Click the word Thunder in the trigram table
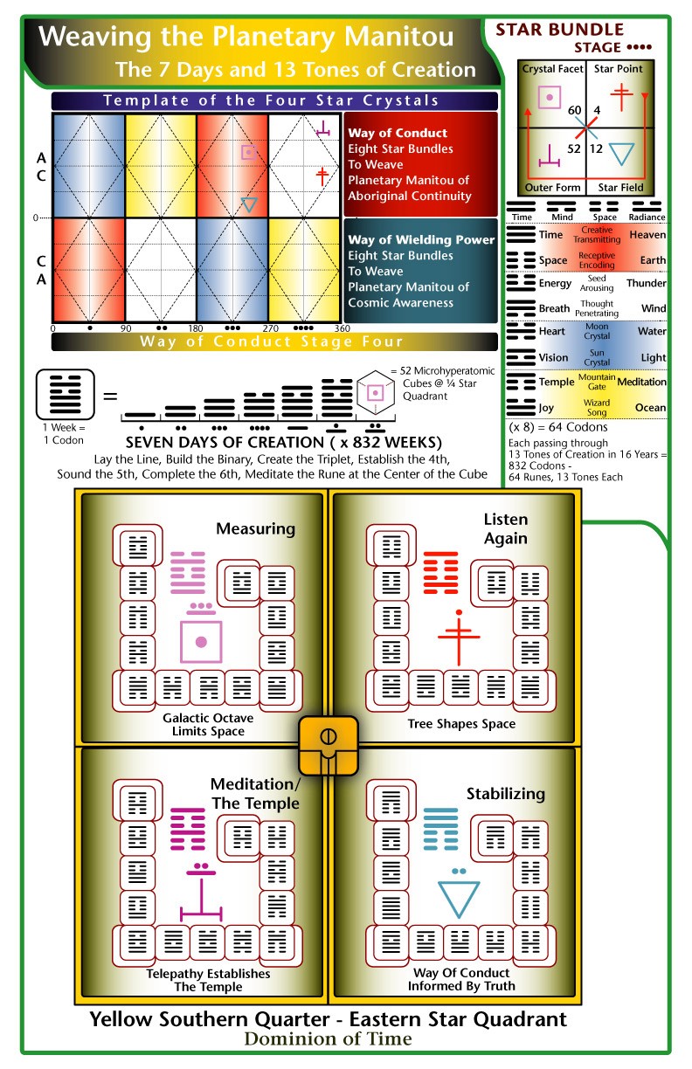[647, 283]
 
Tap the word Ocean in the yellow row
[650, 408]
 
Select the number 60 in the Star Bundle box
[575, 110]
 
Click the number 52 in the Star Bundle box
[574, 148]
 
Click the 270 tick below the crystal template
[270, 328]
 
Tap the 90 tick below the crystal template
[126, 328]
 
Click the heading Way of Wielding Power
[421, 239]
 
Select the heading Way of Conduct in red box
[398, 133]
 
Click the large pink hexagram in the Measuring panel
[188, 573]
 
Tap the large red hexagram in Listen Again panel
[440, 573]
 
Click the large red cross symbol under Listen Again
[459, 637]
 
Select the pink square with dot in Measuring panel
[201, 642]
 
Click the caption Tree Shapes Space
[461, 724]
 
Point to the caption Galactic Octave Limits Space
[208, 724]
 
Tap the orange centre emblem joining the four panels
[329, 746]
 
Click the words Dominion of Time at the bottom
[329, 1039]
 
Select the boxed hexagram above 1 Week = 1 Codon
[66, 394]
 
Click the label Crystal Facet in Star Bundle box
[552, 69]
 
